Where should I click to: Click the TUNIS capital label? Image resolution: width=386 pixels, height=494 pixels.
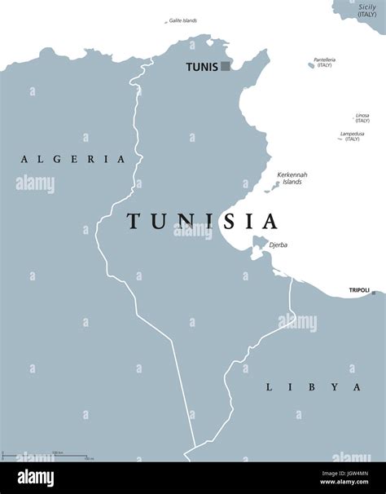[x=201, y=67]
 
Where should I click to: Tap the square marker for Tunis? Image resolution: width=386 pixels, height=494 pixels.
[x=226, y=67]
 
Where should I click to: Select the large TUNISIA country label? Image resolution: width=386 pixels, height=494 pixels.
[x=202, y=221]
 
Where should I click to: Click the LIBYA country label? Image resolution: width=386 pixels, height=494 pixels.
[x=313, y=386]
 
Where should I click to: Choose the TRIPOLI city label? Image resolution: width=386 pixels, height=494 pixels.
[x=358, y=289]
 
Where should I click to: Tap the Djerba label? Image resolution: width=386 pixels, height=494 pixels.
[x=277, y=245]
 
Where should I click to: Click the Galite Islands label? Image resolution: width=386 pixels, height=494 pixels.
[x=182, y=20]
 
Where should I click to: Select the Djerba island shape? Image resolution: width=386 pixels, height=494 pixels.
[x=259, y=242]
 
